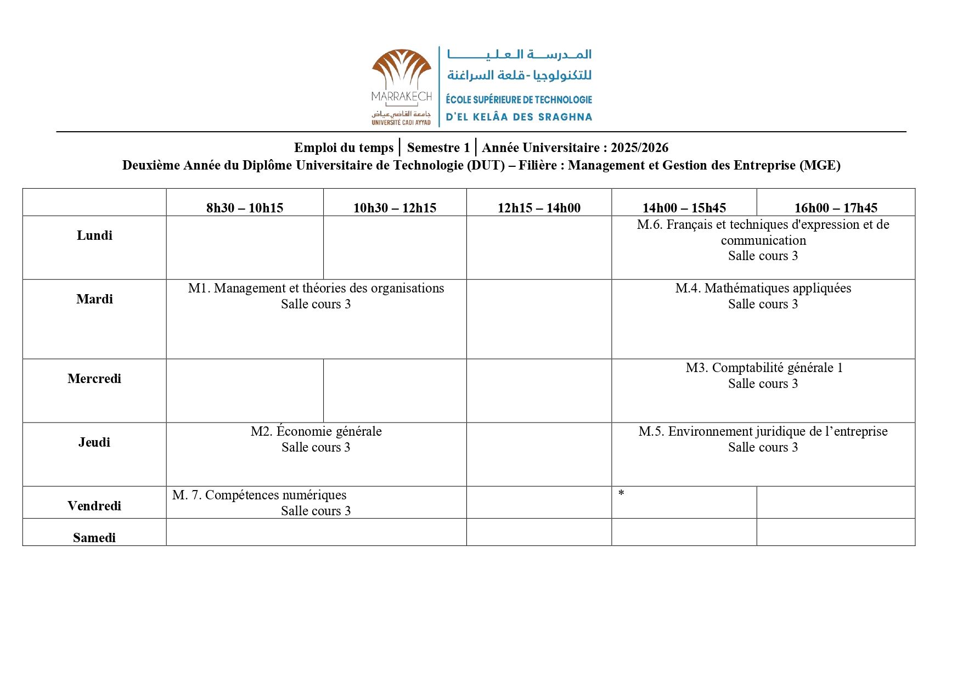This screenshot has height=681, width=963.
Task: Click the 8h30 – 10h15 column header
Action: coord(245,208)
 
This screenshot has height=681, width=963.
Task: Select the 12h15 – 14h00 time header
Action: coord(539,208)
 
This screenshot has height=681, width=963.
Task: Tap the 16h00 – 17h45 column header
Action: coord(836,208)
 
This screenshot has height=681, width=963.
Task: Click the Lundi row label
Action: coord(94,235)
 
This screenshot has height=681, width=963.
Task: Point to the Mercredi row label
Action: coord(94,379)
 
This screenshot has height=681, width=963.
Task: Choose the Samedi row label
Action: coord(94,538)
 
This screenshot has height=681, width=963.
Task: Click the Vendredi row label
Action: coord(94,506)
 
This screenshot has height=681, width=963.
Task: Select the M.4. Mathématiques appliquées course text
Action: coord(763,289)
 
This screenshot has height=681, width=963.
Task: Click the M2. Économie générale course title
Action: coord(316,432)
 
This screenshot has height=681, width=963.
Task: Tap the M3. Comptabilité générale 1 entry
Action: coord(764,368)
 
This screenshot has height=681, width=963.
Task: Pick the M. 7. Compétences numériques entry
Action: coord(260,496)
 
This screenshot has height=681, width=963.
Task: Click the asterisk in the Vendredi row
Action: coord(621,493)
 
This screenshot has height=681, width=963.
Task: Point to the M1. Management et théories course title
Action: coord(316,289)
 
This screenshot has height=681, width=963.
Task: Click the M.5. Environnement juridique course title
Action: coord(763,432)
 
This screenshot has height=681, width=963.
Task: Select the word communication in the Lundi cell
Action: coord(763,240)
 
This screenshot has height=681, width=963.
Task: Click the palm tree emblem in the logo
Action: coord(401,69)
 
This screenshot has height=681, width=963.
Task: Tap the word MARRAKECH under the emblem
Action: coord(401,97)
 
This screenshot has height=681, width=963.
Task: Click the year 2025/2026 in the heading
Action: coord(639,148)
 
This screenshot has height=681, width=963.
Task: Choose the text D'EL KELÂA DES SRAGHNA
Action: coord(519,117)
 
